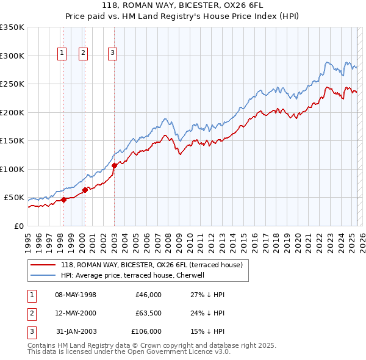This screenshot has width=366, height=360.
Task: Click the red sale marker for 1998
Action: pos(63,200)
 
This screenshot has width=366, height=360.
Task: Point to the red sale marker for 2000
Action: pos(85,190)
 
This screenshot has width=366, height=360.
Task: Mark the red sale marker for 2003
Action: pos(114,165)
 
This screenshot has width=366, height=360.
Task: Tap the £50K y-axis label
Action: pos(14,198)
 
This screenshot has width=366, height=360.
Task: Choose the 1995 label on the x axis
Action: pos(28,238)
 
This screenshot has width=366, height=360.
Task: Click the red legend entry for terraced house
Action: pos(152,265)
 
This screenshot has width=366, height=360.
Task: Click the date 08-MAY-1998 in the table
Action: pos(76,295)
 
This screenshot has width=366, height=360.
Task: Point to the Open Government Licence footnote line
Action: pos(129,351)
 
